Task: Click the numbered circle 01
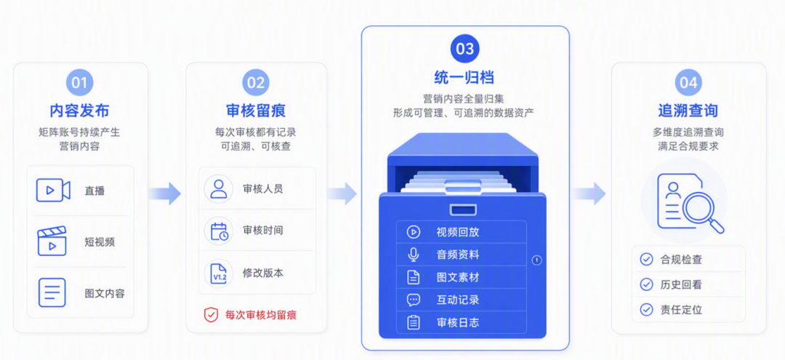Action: pyautogui.click(x=80, y=83)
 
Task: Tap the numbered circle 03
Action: pyautogui.click(x=464, y=49)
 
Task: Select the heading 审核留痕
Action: pyautogui.click(x=256, y=111)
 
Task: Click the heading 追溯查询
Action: pyautogui.click(x=688, y=111)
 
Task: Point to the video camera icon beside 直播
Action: pyautogui.click(x=53, y=191)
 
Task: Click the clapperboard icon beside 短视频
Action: pyautogui.click(x=52, y=241)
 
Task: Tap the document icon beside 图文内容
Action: pyautogui.click(x=52, y=292)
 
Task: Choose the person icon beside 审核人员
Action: pyautogui.click(x=219, y=189)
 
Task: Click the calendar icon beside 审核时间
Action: pyautogui.click(x=219, y=231)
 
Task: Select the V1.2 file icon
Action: pyautogui.click(x=219, y=273)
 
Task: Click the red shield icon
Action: pyautogui.click(x=211, y=315)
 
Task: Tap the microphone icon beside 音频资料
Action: pyautogui.click(x=414, y=255)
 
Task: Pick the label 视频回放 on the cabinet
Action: pyautogui.click(x=458, y=232)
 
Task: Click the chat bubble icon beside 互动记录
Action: pyautogui.click(x=414, y=300)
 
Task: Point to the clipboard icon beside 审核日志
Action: pyautogui.click(x=414, y=322)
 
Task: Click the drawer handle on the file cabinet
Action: pyautogui.click(x=463, y=209)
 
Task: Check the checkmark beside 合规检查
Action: pyautogui.click(x=646, y=260)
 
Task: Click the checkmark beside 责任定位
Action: pyautogui.click(x=646, y=309)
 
